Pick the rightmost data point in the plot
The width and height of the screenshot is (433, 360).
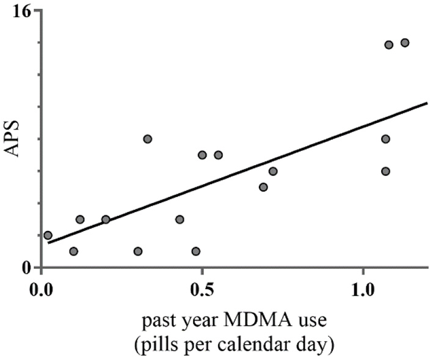(404, 42)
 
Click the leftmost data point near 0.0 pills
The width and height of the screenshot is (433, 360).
(48, 235)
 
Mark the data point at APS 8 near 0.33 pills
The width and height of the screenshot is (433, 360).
(147, 139)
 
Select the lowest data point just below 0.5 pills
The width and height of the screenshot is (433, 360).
(195, 251)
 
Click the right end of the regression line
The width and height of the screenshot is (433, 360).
(427, 103)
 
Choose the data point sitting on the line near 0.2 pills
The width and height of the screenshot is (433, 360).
(106, 219)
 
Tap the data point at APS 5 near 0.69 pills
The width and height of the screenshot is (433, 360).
(263, 187)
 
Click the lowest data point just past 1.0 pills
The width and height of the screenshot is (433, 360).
(385, 171)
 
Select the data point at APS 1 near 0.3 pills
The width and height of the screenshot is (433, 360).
(138, 251)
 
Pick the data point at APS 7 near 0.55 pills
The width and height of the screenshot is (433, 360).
(218, 155)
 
